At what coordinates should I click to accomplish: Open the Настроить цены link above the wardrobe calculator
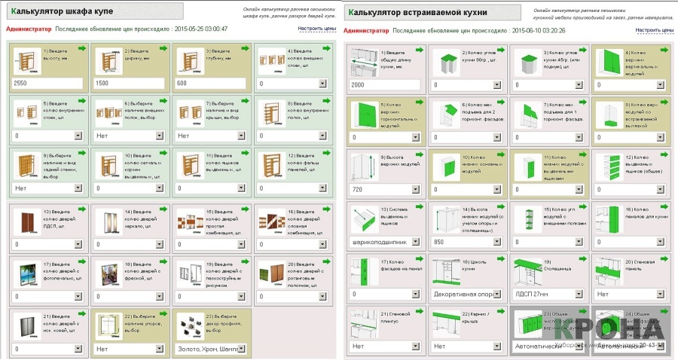click(x=316, y=29)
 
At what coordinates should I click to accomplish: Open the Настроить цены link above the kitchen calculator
click(x=654, y=30)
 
